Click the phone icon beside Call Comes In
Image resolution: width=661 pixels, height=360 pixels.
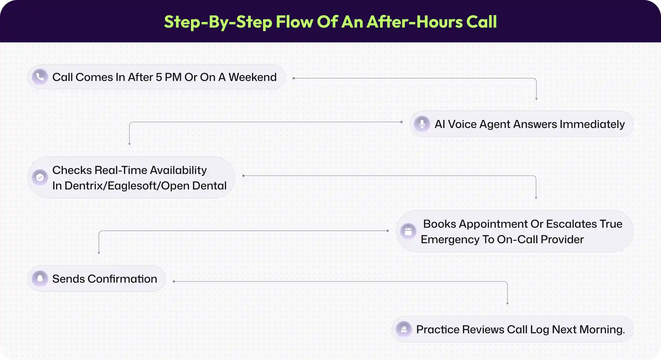point(40,77)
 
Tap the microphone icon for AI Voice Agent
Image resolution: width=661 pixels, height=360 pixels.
point(422,124)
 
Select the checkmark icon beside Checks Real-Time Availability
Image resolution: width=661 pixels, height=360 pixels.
point(40,177)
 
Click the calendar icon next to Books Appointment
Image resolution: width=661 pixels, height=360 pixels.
point(408,231)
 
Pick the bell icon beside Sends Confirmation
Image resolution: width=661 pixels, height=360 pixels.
point(40,278)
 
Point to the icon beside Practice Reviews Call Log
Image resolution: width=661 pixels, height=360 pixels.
point(404,329)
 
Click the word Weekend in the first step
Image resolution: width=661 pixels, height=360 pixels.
point(252,77)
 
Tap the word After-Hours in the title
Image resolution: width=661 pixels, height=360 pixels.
point(415,22)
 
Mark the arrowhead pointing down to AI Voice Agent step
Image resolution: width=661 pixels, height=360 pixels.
point(536,99)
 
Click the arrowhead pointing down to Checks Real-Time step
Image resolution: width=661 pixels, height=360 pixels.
point(129,144)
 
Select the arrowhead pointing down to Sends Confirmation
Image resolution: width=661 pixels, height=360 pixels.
point(99,253)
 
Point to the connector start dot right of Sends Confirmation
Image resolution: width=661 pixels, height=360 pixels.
point(174,281)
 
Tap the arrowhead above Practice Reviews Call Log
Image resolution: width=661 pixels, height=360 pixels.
point(507,304)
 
